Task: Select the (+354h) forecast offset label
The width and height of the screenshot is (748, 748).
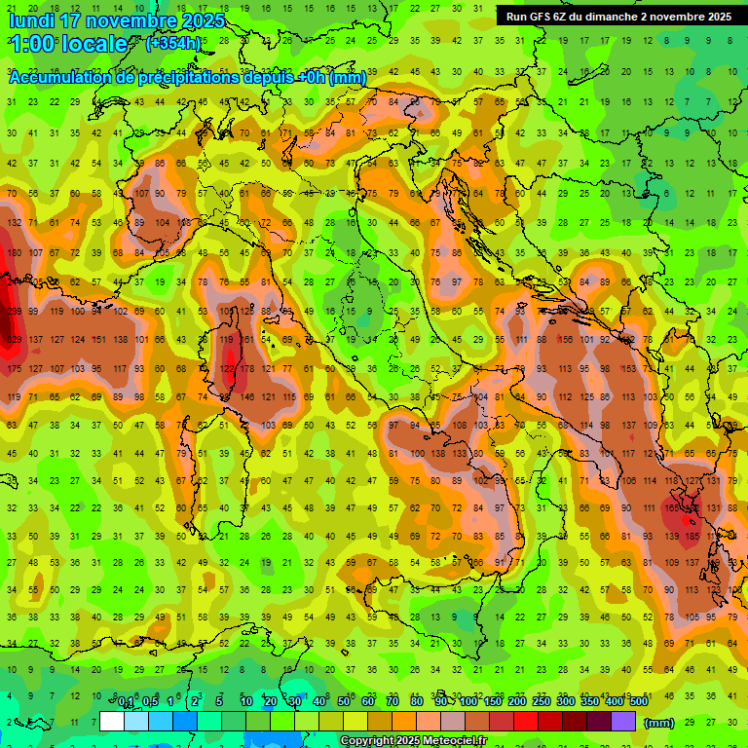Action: (x=173, y=43)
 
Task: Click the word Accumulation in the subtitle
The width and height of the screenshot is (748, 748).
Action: (x=61, y=78)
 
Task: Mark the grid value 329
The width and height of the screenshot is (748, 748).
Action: (x=14, y=340)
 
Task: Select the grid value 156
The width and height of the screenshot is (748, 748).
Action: (x=566, y=340)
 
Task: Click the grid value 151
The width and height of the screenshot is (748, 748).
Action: (x=98, y=340)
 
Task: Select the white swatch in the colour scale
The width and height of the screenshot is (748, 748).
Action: (x=112, y=721)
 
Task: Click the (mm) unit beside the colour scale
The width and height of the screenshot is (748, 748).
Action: (x=659, y=722)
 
